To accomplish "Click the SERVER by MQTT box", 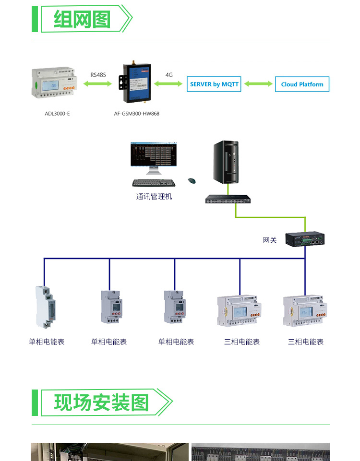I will coord(214,84).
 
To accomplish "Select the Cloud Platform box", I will coord(302,84).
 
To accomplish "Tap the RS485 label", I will coord(98,75).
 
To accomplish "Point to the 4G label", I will coord(169,75).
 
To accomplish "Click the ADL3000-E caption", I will coord(58,114).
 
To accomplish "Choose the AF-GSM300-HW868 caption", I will coord(137,114).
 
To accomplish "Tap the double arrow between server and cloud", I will coord(258,84).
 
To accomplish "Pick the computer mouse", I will coord(192,181).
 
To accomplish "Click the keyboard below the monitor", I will coord(154,183).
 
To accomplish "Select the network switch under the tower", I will coord(228,199).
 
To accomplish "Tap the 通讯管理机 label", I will coord(154,196).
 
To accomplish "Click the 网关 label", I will coord(270,240).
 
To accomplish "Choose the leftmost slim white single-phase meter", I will coord(45,307).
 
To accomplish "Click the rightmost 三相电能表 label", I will coord(306,342).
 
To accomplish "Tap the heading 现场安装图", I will coord(101,403).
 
